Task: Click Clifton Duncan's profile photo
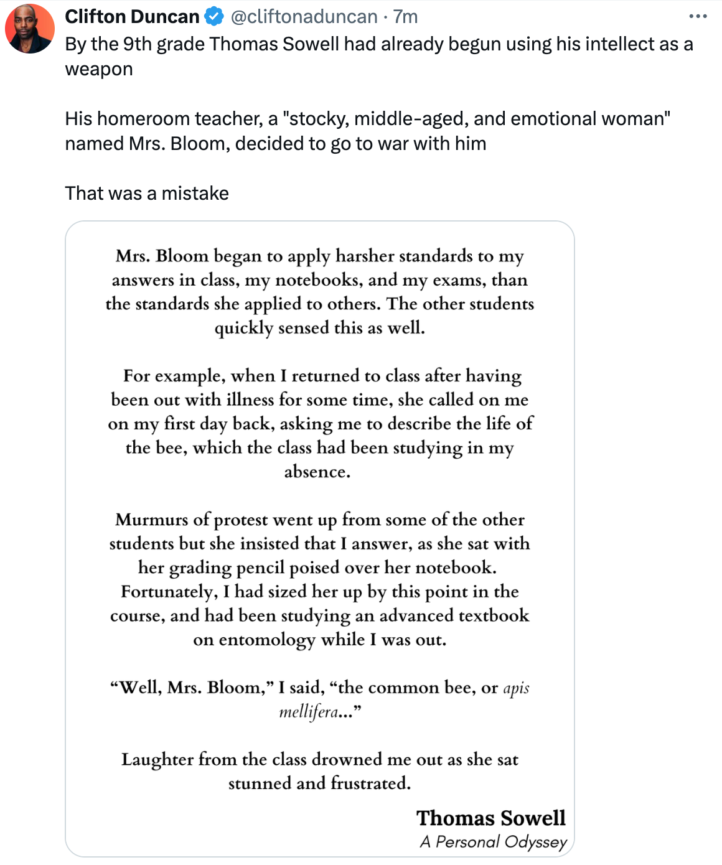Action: point(30,29)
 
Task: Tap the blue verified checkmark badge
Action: point(214,17)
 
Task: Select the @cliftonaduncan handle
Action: point(304,17)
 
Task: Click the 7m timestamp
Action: point(405,17)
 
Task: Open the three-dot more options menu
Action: point(698,17)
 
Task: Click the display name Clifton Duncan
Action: point(132,17)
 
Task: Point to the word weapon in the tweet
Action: point(99,69)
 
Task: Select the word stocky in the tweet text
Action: point(317,119)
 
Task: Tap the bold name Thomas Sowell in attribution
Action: point(491,818)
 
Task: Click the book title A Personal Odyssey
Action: point(494,842)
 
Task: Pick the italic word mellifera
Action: point(309,711)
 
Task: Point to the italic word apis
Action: point(516,688)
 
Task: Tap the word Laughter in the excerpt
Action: point(157,759)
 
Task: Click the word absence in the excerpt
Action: point(316,472)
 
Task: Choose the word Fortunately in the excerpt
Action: point(169,591)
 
